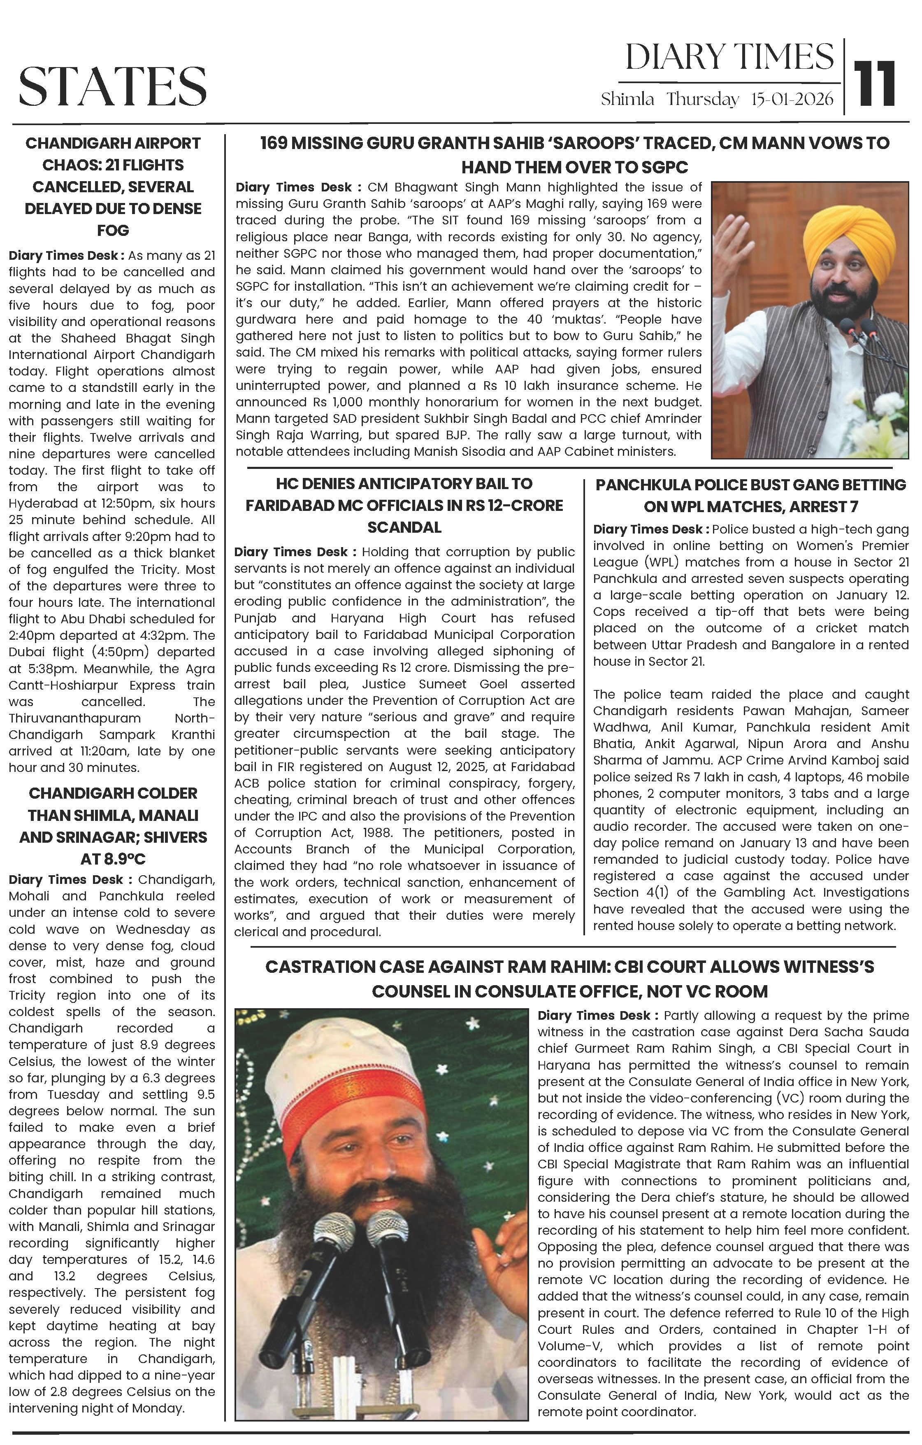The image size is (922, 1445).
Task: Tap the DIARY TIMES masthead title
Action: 729,58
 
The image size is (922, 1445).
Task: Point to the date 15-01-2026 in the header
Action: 792,99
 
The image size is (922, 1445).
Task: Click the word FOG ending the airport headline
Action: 113,231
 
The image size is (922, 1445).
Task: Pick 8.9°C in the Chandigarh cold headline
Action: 113,859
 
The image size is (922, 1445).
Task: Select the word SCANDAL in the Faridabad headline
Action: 404,527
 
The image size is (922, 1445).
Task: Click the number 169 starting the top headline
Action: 275,143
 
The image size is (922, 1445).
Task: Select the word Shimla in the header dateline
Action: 627,99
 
